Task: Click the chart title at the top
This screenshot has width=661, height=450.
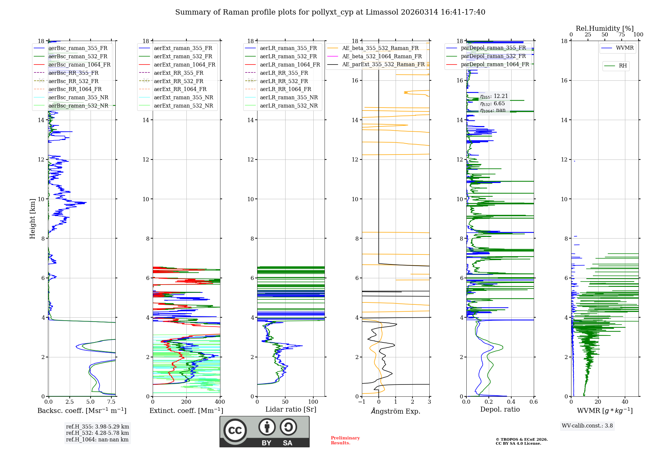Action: coord(330,12)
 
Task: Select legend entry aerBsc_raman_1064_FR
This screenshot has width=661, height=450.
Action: coord(79,65)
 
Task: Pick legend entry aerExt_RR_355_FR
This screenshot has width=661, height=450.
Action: coord(178,73)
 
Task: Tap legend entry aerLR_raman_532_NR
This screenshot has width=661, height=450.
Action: coord(289,106)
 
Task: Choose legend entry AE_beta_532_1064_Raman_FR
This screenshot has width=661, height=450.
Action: coord(382,56)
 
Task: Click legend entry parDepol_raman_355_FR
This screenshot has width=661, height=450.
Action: coord(493,48)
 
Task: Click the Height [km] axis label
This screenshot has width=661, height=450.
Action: coord(32,218)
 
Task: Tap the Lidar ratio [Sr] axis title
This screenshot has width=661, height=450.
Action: coord(291,409)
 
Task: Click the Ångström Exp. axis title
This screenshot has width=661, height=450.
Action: coord(395,411)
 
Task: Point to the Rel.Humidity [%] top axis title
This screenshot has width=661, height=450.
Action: coord(604,28)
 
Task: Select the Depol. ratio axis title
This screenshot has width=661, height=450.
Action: coord(500,409)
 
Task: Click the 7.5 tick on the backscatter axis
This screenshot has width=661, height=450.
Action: coord(111,402)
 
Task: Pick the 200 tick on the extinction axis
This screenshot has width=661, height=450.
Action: coord(186,402)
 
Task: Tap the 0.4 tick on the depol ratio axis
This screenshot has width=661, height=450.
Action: coord(511,402)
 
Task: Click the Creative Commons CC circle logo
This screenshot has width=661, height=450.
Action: coord(235,430)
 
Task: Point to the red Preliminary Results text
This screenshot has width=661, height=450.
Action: coord(345,440)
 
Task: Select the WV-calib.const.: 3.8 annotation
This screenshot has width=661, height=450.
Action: coord(587,426)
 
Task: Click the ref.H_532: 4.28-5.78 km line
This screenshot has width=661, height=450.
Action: coord(97,433)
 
